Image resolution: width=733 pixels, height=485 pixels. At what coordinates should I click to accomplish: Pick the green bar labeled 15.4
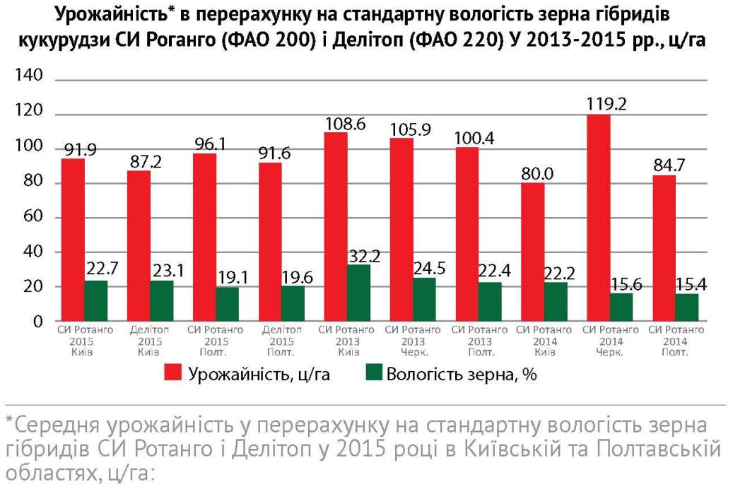point(687,308)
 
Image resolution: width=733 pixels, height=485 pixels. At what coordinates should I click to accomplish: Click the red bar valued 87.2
point(139,246)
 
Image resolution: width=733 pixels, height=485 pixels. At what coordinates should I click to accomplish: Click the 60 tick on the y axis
point(33,218)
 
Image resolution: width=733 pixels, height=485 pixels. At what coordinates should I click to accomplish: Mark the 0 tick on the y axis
point(38,322)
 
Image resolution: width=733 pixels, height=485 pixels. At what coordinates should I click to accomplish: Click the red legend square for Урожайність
point(174,374)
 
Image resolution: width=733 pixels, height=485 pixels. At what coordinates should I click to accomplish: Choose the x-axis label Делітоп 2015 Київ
point(150,339)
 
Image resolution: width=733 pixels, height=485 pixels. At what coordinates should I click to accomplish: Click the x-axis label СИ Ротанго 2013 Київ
point(346,339)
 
